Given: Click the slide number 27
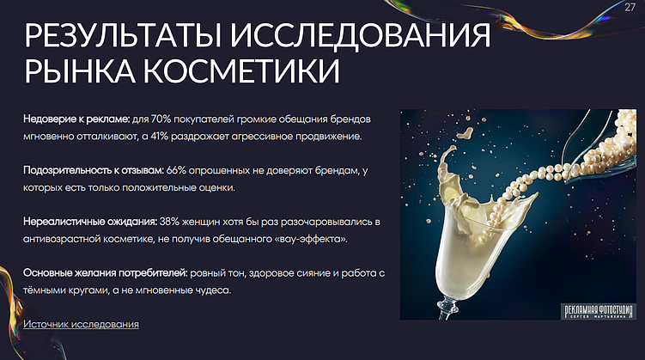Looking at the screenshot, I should tap(630, 8).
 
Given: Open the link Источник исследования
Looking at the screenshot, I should tap(81, 324).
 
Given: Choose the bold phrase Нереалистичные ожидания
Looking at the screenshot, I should tap(89, 222).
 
